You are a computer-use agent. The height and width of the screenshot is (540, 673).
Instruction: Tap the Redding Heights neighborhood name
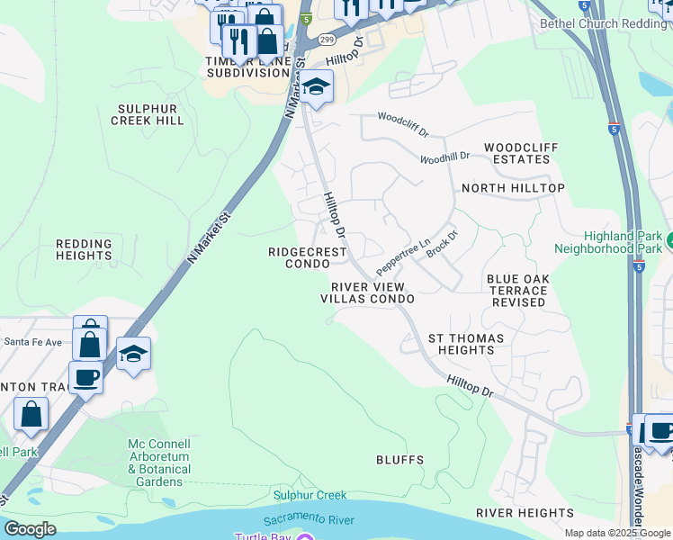pos(84,249)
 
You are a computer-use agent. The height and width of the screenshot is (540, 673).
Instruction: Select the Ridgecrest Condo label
pos(308,258)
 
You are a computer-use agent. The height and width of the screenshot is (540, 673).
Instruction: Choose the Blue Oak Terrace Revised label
pos(517,291)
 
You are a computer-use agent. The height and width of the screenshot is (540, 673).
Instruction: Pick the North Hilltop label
pos(513,188)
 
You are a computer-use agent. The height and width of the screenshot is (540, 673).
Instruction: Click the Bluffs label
pos(399,460)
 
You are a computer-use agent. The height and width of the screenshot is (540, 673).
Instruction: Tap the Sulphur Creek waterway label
pos(310,495)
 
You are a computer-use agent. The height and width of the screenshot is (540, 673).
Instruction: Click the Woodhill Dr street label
pos(445,157)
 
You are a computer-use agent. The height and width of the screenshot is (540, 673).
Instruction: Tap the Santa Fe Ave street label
pos(33,342)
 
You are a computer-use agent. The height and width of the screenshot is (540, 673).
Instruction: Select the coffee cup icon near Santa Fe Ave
pos(85,377)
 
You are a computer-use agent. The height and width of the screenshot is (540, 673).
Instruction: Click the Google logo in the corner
pos(30,529)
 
